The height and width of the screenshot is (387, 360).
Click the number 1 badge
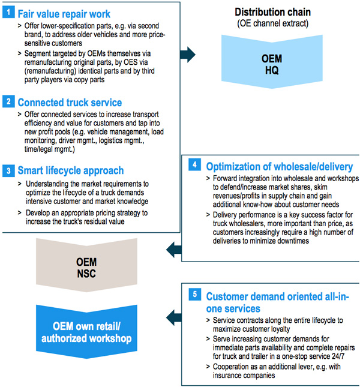(x=8, y=12)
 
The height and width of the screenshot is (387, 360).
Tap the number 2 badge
(x=8, y=101)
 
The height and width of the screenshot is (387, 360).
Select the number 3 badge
(x=8, y=170)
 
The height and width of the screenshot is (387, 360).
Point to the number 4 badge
(x=194, y=164)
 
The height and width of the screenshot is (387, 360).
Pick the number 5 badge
(x=194, y=294)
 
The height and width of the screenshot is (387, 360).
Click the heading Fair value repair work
(x=64, y=14)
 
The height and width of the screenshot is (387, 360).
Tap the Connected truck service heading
(x=70, y=103)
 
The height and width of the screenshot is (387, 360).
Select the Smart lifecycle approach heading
(x=71, y=170)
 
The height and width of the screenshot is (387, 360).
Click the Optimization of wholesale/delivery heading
(x=280, y=167)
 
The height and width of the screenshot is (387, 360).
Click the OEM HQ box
(x=272, y=62)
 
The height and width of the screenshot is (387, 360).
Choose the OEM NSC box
(x=86, y=265)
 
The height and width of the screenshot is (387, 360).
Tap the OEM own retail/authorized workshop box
(x=86, y=332)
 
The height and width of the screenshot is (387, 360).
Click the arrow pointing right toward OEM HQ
(x=188, y=54)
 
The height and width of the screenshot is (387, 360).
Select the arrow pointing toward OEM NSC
(x=174, y=250)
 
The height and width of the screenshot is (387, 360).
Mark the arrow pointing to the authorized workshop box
(x=174, y=317)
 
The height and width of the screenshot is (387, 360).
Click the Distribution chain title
(x=272, y=12)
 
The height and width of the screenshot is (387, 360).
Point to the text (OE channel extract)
(x=272, y=23)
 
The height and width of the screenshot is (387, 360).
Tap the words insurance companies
(x=244, y=376)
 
